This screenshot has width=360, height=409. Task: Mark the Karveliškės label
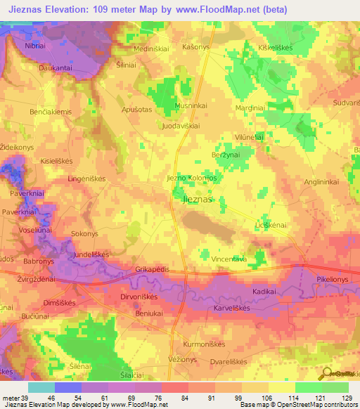coord(232,308)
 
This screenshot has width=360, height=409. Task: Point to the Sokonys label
coord(85,233)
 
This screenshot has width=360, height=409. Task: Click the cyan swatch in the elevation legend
coord(41,387)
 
